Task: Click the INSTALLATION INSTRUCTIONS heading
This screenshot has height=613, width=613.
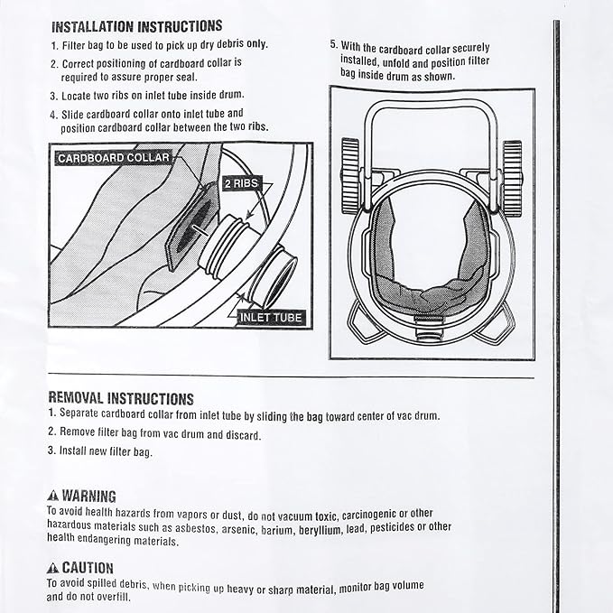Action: click(x=136, y=25)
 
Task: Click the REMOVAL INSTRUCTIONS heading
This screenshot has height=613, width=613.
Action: click(x=120, y=397)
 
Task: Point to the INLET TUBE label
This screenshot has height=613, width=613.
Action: click(x=271, y=318)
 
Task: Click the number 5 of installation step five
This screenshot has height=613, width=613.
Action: click(x=333, y=44)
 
